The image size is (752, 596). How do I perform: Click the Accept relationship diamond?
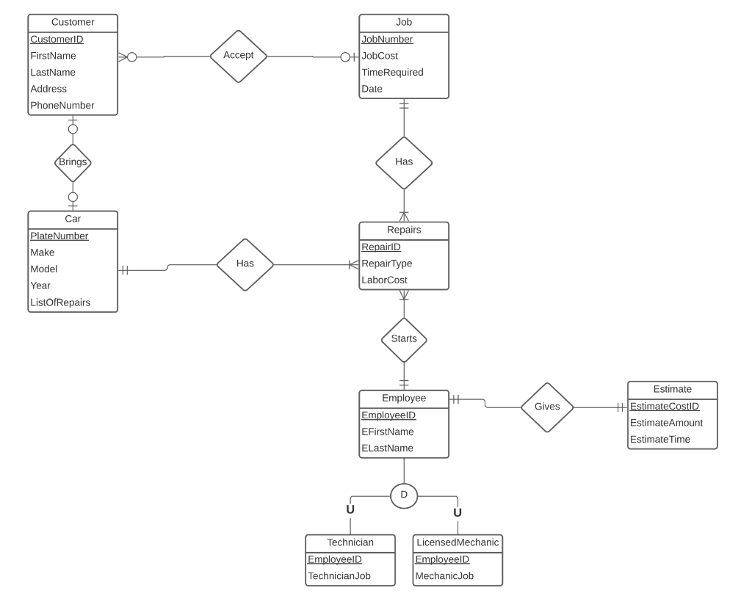[238, 56]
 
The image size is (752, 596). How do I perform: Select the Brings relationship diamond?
[73, 162]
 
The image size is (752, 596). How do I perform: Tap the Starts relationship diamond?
[404, 339]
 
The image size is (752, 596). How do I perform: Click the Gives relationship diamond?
[547, 407]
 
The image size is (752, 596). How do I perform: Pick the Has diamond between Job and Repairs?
[404, 162]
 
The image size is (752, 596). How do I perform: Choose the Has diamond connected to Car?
[245, 264]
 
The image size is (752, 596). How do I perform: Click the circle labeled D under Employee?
[404, 495]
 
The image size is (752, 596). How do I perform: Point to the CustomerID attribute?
[57, 39]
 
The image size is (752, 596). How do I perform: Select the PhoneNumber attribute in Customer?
[62, 106]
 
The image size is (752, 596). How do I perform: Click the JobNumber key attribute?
[387, 39]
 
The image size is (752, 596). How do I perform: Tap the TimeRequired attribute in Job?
[392, 73]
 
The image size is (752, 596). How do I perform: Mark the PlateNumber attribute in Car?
[59, 236]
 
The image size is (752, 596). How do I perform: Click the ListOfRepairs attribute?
[60, 302]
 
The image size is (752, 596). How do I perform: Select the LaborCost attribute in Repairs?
[384, 280]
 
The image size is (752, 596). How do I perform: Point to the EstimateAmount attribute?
[666, 423]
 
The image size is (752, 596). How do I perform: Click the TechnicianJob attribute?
[339, 576]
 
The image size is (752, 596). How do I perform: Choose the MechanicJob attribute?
[444, 576]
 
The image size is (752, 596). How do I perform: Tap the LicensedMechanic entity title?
[458, 542]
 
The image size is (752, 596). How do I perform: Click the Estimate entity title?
[672, 389]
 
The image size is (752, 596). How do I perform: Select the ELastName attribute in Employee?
[388, 448]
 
